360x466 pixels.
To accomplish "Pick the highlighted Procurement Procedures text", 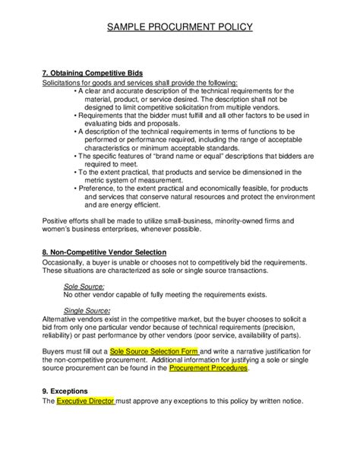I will pyautogui.click(x=207, y=369).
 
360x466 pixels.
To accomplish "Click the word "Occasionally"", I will pyautogui.click(x=69, y=262).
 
